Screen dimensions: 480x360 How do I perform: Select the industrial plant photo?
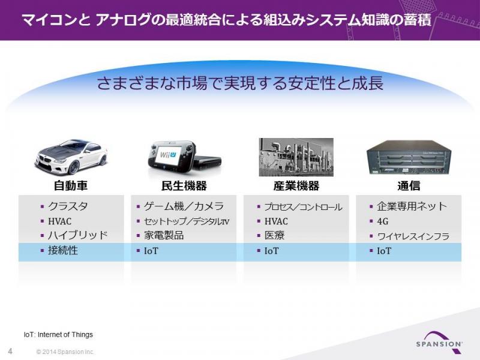coord(296,157)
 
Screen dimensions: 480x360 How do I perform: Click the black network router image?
coord(409,157)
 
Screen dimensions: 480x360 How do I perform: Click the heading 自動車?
coord(71,185)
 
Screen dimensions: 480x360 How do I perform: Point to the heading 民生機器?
coord(184,185)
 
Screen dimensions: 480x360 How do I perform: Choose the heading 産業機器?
coord(296,185)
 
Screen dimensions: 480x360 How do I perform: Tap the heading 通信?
coord(409,185)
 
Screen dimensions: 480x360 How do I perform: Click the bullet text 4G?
coord(383,221)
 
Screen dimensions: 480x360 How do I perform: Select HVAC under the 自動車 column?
coord(59,221)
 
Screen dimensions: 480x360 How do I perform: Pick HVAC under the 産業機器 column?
coord(276,221)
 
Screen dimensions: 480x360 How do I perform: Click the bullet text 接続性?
coord(63,250)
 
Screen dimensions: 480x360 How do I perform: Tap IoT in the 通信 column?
coord(384,251)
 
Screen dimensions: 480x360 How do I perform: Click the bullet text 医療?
coord(275,235)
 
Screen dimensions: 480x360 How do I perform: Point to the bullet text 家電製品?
coord(164,235)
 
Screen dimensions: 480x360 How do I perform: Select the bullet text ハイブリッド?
coord(78,235)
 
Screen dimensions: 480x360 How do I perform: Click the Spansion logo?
coord(439,341)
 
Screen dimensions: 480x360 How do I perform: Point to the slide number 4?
coord(10,351)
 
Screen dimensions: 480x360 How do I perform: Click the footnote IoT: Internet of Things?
coord(58,335)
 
